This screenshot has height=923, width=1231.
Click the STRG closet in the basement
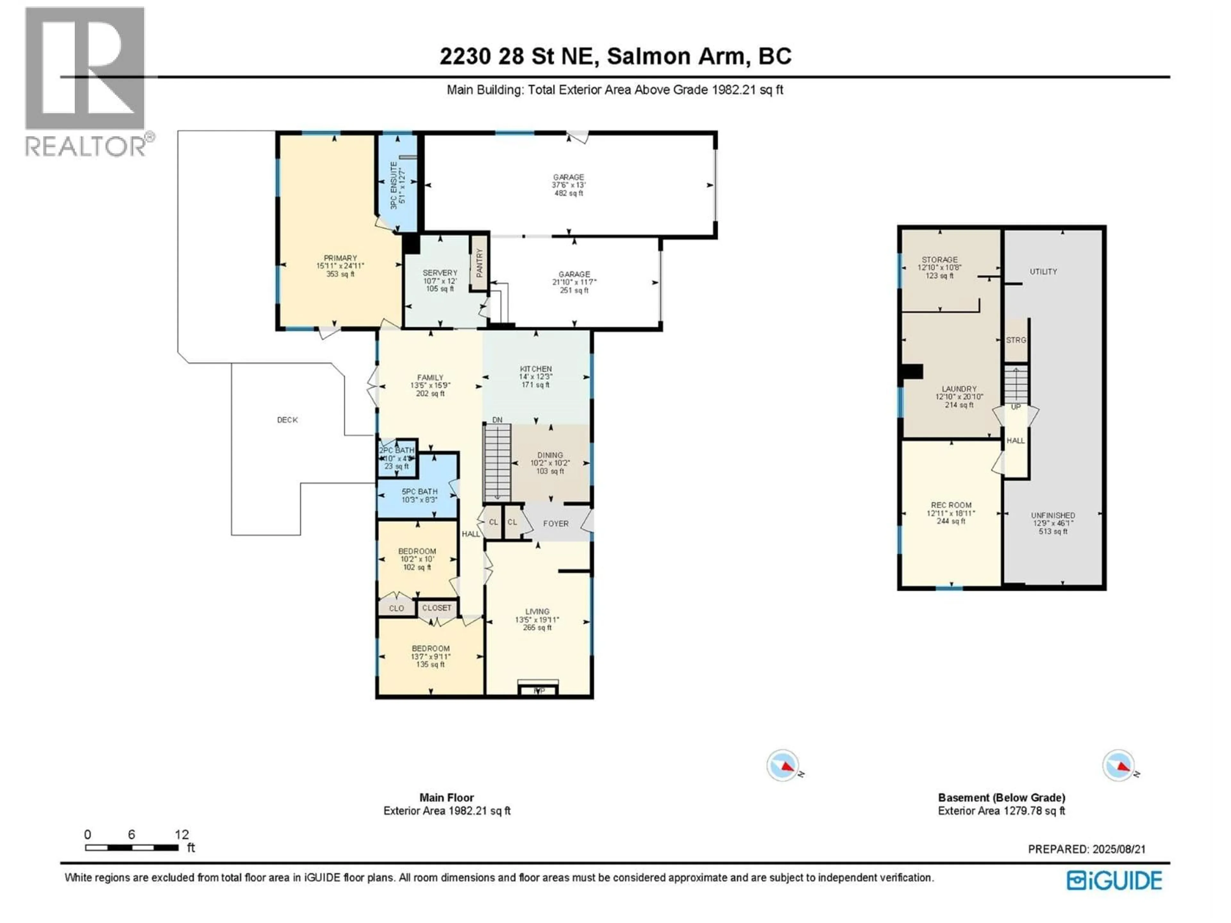[1016, 340]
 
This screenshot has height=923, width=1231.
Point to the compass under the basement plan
[1118, 766]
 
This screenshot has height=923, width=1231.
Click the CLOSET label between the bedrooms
[436, 608]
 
